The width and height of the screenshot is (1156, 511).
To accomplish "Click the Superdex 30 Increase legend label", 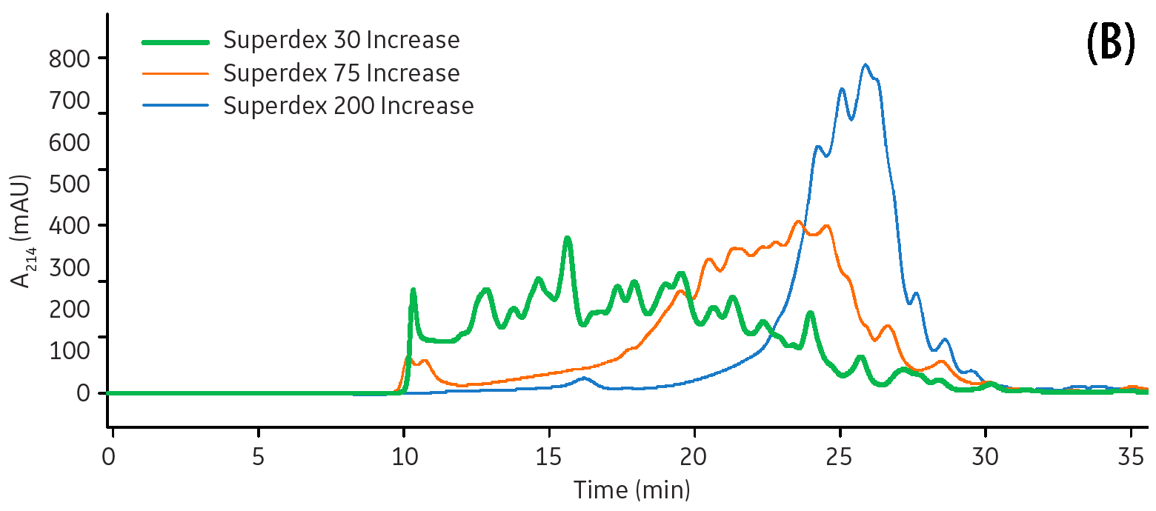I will tap(342, 40).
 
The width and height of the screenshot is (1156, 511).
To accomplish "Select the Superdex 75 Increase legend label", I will tap(342, 73).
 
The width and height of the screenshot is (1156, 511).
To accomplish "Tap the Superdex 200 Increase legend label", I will tap(348, 106).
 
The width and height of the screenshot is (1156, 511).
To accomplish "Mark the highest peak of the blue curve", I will tap(865, 65).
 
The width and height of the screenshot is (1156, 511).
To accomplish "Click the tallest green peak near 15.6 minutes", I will tap(568, 238).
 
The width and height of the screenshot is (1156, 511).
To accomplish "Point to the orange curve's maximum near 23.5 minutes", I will tap(798, 221).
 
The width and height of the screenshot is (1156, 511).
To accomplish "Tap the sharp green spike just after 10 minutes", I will tap(413, 290).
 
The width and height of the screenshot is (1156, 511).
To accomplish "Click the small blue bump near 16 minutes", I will tap(585, 378).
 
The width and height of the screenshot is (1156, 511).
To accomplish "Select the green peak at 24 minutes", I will tap(811, 313).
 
